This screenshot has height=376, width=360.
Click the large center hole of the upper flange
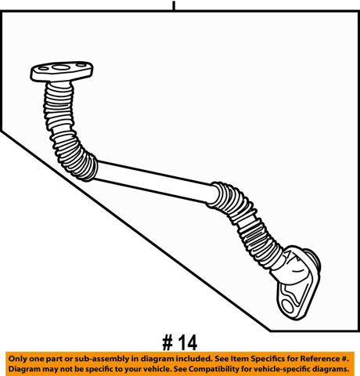tap(61, 67)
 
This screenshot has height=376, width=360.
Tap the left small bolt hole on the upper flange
tap(43, 69)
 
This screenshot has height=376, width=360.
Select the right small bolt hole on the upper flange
tap(81, 65)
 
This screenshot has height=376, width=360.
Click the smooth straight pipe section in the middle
tap(155, 182)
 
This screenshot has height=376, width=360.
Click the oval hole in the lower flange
tap(288, 306)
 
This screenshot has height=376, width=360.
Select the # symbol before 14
tap(167, 343)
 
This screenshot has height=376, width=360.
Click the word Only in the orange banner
tap(18, 359)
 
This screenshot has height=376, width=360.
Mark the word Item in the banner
tap(240, 359)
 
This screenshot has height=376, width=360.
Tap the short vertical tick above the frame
tap(174, 5)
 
